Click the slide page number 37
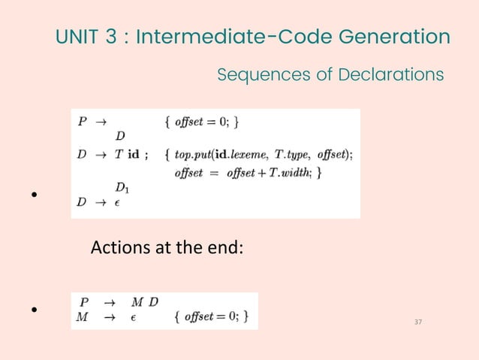tap(418, 322)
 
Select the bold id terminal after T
tap(134, 155)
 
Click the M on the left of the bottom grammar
tap(83, 316)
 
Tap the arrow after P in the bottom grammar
tap(109, 303)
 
